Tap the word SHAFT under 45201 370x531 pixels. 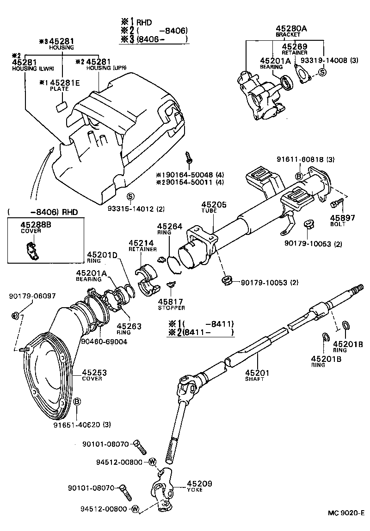(x=255, y=379)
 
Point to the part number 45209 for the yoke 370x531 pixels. (x=199, y=484)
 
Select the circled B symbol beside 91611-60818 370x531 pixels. (x=299, y=176)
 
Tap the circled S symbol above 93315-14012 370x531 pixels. (x=130, y=196)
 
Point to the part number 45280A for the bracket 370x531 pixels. (x=291, y=29)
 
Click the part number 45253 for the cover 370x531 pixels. (x=95, y=372)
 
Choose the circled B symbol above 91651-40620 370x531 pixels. (x=77, y=401)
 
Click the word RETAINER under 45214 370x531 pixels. (x=141, y=249)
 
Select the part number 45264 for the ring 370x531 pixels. (x=170, y=226)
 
